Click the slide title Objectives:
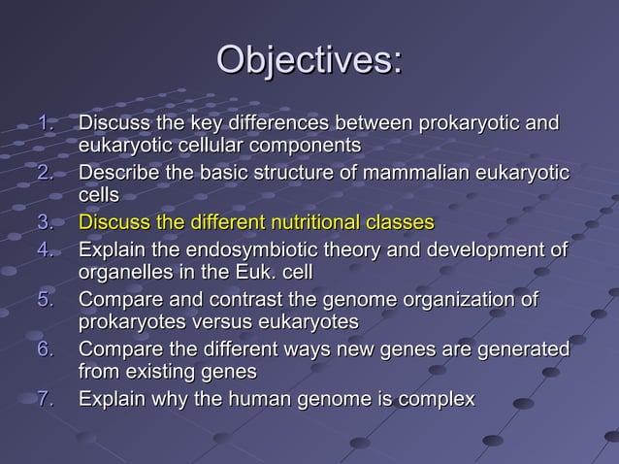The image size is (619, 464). (309, 59)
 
